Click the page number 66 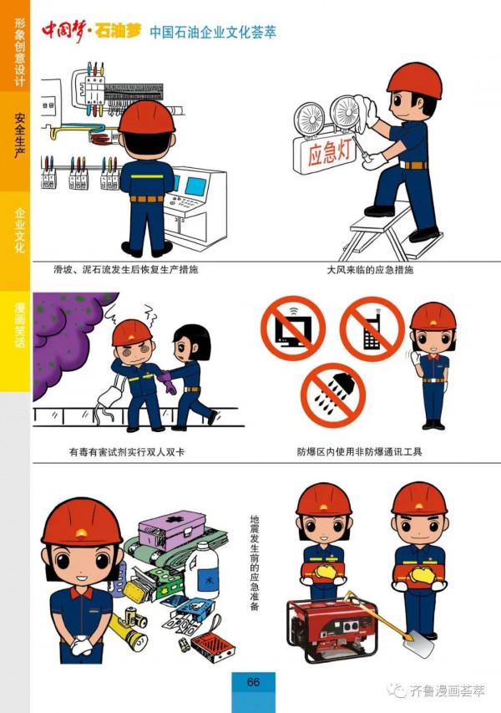click(x=253, y=682)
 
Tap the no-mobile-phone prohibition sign click(x=372, y=328)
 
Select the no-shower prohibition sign click(x=333, y=392)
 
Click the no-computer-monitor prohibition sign click(x=292, y=327)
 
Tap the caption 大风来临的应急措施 click(x=369, y=271)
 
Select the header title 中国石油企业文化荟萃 click(x=213, y=33)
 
